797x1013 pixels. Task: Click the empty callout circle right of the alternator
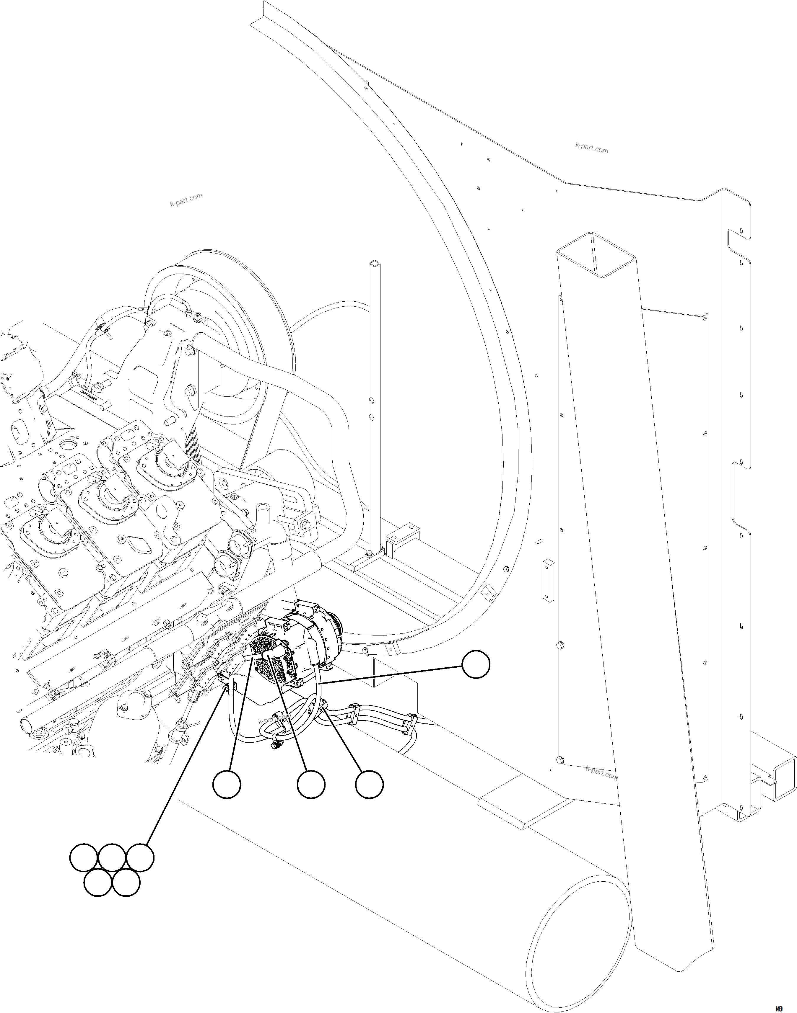476,665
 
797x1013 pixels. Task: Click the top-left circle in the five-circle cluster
84,857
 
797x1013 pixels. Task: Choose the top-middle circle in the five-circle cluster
112,857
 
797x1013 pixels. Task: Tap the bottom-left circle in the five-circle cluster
98,883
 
